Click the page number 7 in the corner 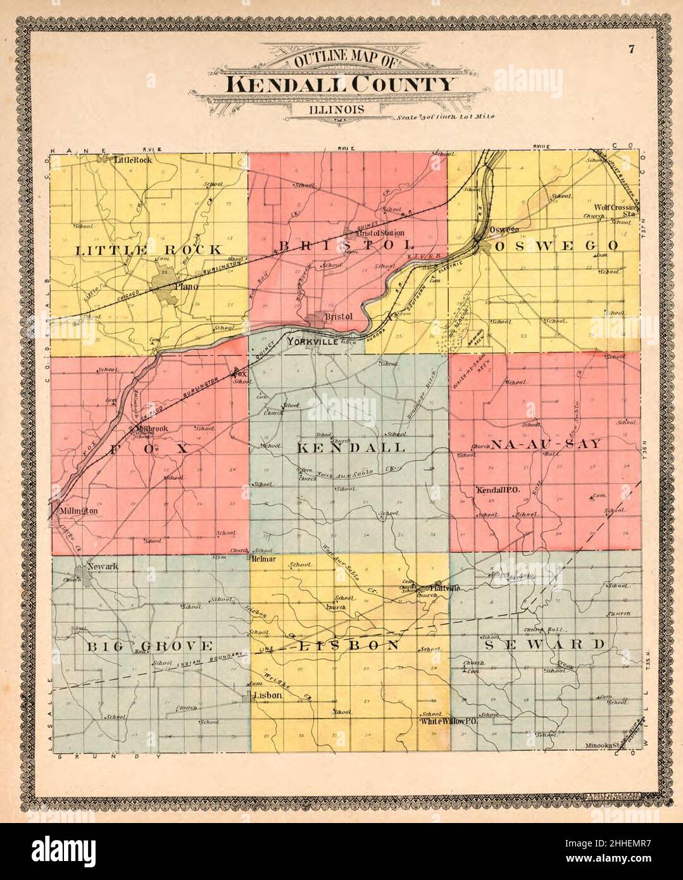click(x=631, y=50)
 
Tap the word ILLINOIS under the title click(x=337, y=109)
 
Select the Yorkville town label click(x=309, y=342)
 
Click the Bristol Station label click(x=379, y=232)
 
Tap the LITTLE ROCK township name click(x=149, y=249)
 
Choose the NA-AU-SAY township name click(x=545, y=444)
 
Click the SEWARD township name click(x=544, y=644)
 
